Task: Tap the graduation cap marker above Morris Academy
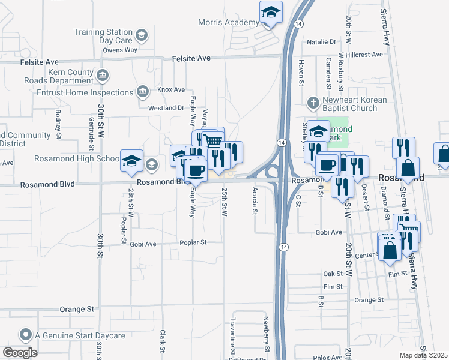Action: pyautogui.click(x=271, y=13)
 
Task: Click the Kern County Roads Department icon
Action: pyautogui.click(x=102, y=76)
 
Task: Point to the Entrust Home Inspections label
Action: pyautogui.click(x=85, y=92)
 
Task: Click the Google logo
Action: pyautogui.click(x=19, y=353)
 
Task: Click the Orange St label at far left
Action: pyautogui.click(x=77, y=309)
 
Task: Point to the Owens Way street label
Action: pyautogui.click(x=120, y=50)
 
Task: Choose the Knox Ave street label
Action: pyautogui.click(x=171, y=89)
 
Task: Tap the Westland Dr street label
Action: pyautogui.click(x=166, y=108)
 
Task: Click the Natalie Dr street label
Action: pyautogui.click(x=321, y=42)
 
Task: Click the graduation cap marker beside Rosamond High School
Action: pyautogui.click(x=132, y=160)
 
